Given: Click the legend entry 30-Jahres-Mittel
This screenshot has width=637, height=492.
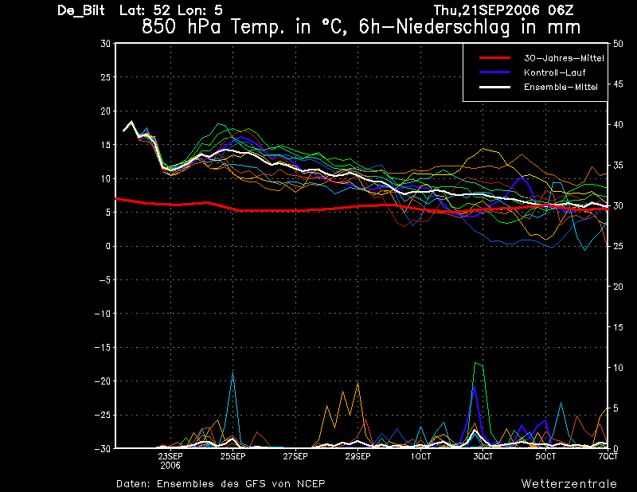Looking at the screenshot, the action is pyautogui.click(x=564, y=58).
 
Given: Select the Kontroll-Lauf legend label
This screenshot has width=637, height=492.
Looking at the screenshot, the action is pyautogui.click(x=554, y=72).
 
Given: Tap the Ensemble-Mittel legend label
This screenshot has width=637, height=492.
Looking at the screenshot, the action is pyautogui.click(x=561, y=87).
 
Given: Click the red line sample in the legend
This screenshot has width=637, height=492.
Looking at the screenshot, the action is pyautogui.click(x=494, y=58).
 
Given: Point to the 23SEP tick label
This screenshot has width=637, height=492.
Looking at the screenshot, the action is pyautogui.click(x=170, y=456).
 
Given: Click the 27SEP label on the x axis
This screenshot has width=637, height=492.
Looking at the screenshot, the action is pyautogui.click(x=295, y=456).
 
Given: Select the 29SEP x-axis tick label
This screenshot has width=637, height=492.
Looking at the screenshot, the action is pyautogui.click(x=358, y=456).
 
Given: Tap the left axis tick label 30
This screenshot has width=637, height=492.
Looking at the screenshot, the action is pyautogui.click(x=106, y=43).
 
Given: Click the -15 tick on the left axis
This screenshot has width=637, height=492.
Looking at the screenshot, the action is pyautogui.click(x=103, y=347).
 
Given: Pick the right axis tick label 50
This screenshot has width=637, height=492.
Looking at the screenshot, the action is pyautogui.click(x=618, y=44).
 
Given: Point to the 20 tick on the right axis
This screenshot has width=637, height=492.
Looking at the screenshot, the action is pyautogui.click(x=618, y=287).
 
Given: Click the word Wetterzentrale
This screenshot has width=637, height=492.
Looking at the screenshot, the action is pyautogui.click(x=569, y=484).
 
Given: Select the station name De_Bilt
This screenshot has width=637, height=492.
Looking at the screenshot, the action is pyautogui.click(x=81, y=10).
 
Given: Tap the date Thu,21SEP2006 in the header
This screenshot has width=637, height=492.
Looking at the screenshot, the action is pyautogui.click(x=487, y=10).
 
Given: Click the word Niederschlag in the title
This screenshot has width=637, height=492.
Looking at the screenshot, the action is pyautogui.click(x=452, y=27).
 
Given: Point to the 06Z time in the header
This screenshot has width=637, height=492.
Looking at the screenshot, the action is pyautogui.click(x=561, y=10).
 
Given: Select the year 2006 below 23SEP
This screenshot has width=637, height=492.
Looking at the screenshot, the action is pyautogui.click(x=170, y=466).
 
